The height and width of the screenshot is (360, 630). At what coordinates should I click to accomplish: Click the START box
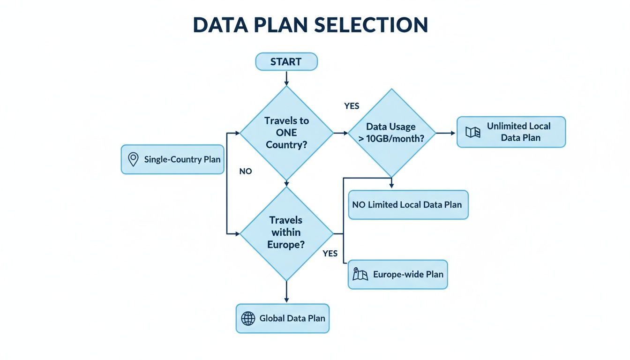click(x=286, y=62)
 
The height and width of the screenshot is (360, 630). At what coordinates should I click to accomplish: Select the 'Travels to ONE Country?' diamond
click(x=286, y=133)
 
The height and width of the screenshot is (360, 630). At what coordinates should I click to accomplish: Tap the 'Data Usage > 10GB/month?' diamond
click(x=392, y=133)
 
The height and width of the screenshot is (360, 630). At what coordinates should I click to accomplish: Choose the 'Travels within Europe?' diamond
click(x=286, y=232)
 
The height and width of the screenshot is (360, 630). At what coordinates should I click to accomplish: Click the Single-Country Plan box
click(x=172, y=159)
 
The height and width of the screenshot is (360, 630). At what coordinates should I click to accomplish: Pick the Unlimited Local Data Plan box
click(x=511, y=132)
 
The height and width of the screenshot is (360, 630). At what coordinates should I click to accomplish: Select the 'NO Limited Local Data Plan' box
click(x=408, y=205)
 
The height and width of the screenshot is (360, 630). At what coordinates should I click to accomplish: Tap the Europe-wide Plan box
click(x=397, y=274)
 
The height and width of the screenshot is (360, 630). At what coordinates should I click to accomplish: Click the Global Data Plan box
click(x=282, y=319)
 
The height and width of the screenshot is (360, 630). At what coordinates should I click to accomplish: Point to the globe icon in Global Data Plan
click(x=248, y=319)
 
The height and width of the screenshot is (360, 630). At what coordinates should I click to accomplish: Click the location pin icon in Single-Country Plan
click(x=133, y=159)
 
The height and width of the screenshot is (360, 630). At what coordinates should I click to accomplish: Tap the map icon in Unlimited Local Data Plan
click(x=472, y=132)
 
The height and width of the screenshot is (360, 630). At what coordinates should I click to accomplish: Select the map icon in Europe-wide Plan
click(x=360, y=274)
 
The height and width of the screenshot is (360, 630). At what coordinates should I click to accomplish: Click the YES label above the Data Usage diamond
click(x=352, y=106)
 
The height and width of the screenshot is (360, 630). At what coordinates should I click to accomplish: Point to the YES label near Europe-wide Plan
click(x=330, y=254)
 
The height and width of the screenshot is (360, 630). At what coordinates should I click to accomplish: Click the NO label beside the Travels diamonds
click(x=246, y=172)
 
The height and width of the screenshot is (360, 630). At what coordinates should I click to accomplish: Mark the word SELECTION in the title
click(x=371, y=25)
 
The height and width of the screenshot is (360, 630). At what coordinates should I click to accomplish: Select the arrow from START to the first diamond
click(x=286, y=78)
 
